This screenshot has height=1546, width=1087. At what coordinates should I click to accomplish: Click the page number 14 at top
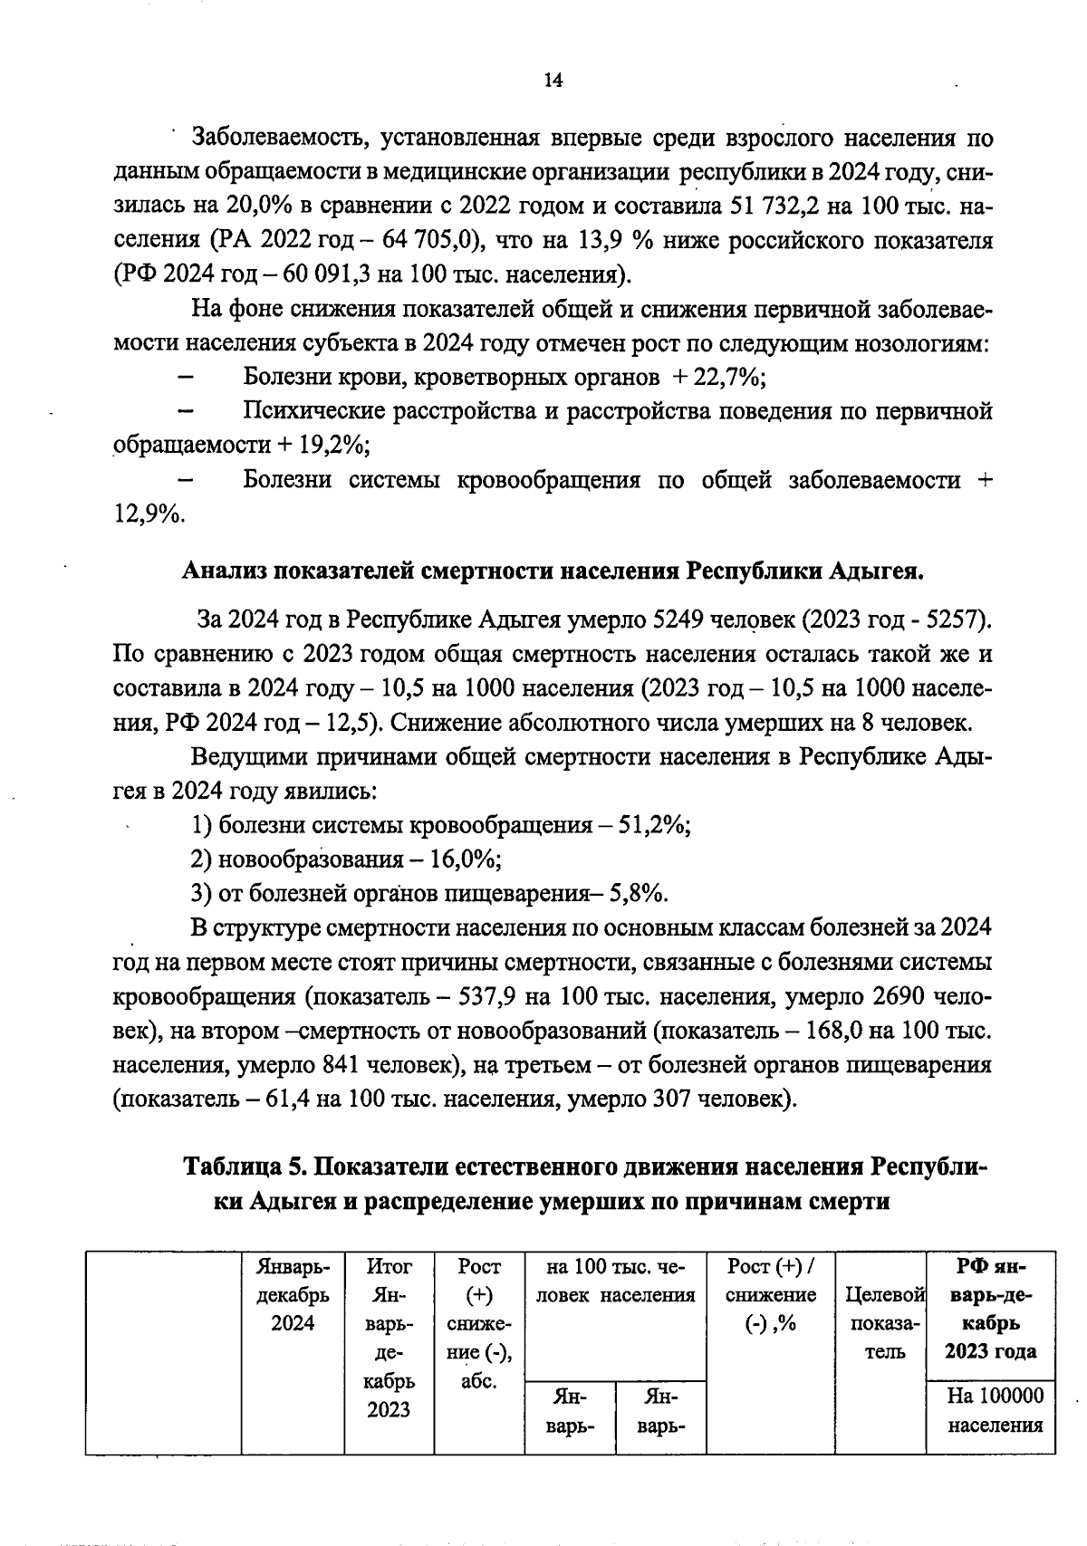pos(553,80)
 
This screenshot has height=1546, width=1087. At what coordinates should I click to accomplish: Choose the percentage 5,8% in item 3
pos(639,894)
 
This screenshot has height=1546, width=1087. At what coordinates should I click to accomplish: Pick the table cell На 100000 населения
pos(995,1410)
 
